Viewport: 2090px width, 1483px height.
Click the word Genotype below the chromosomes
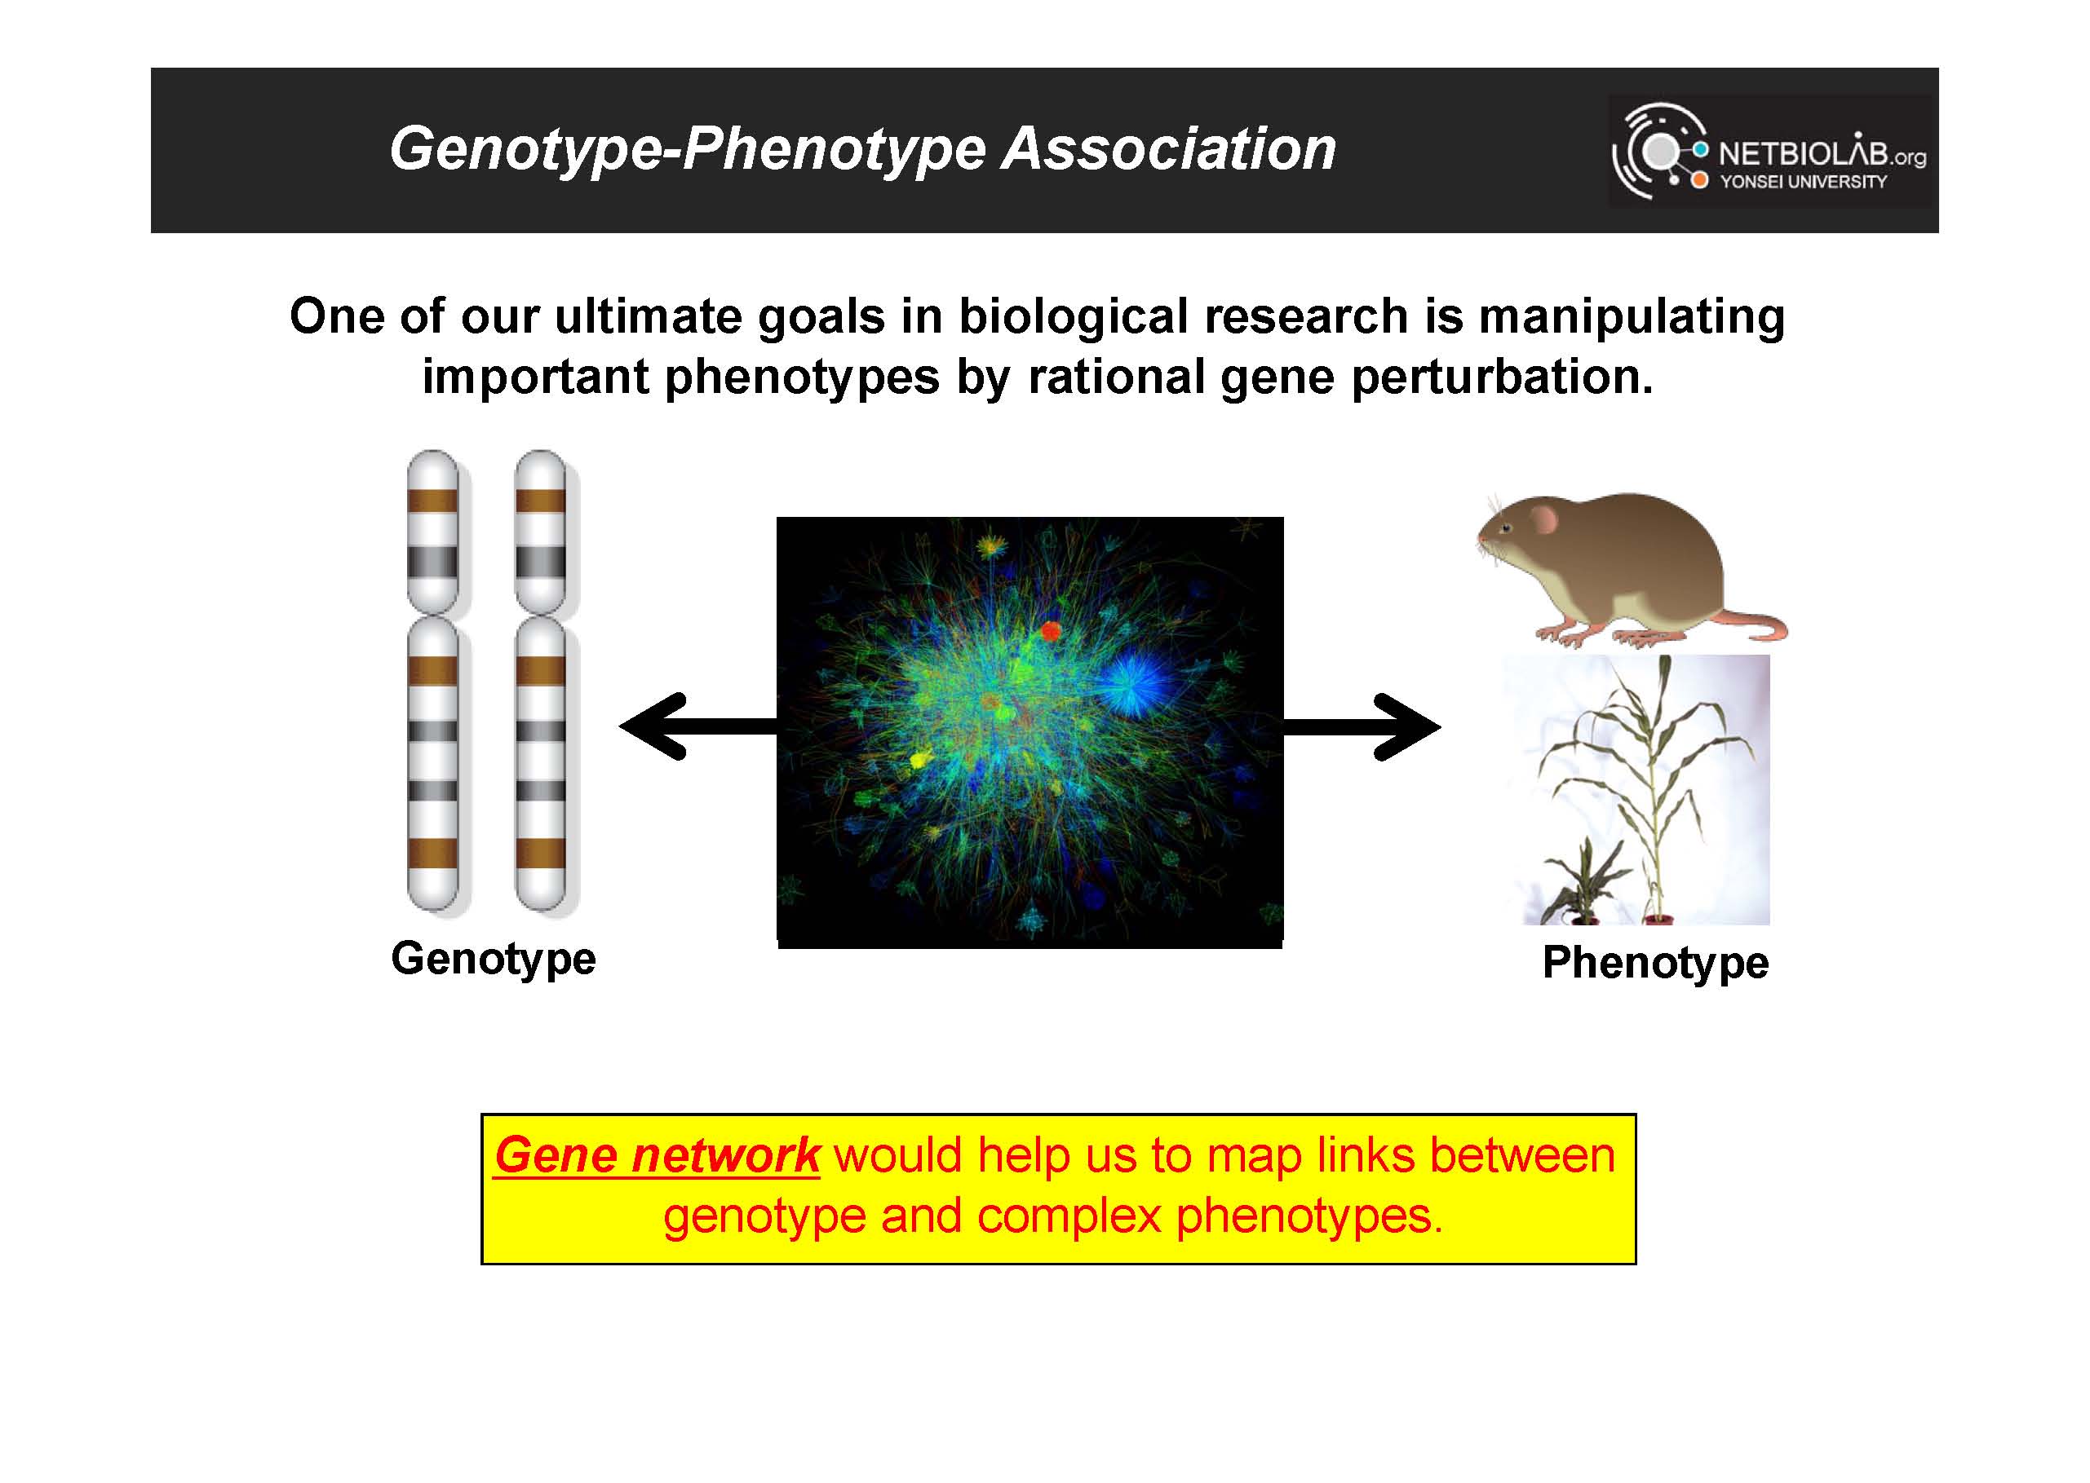(x=494, y=960)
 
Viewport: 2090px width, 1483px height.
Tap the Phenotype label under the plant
(x=1655, y=964)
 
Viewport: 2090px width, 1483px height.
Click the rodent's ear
(x=1543, y=519)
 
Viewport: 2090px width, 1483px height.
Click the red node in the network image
(x=1051, y=630)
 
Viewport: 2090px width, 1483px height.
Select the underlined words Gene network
(x=657, y=1156)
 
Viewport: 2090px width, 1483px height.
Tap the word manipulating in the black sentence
(x=1632, y=318)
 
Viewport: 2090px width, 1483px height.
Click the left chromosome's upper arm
(x=432, y=532)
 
